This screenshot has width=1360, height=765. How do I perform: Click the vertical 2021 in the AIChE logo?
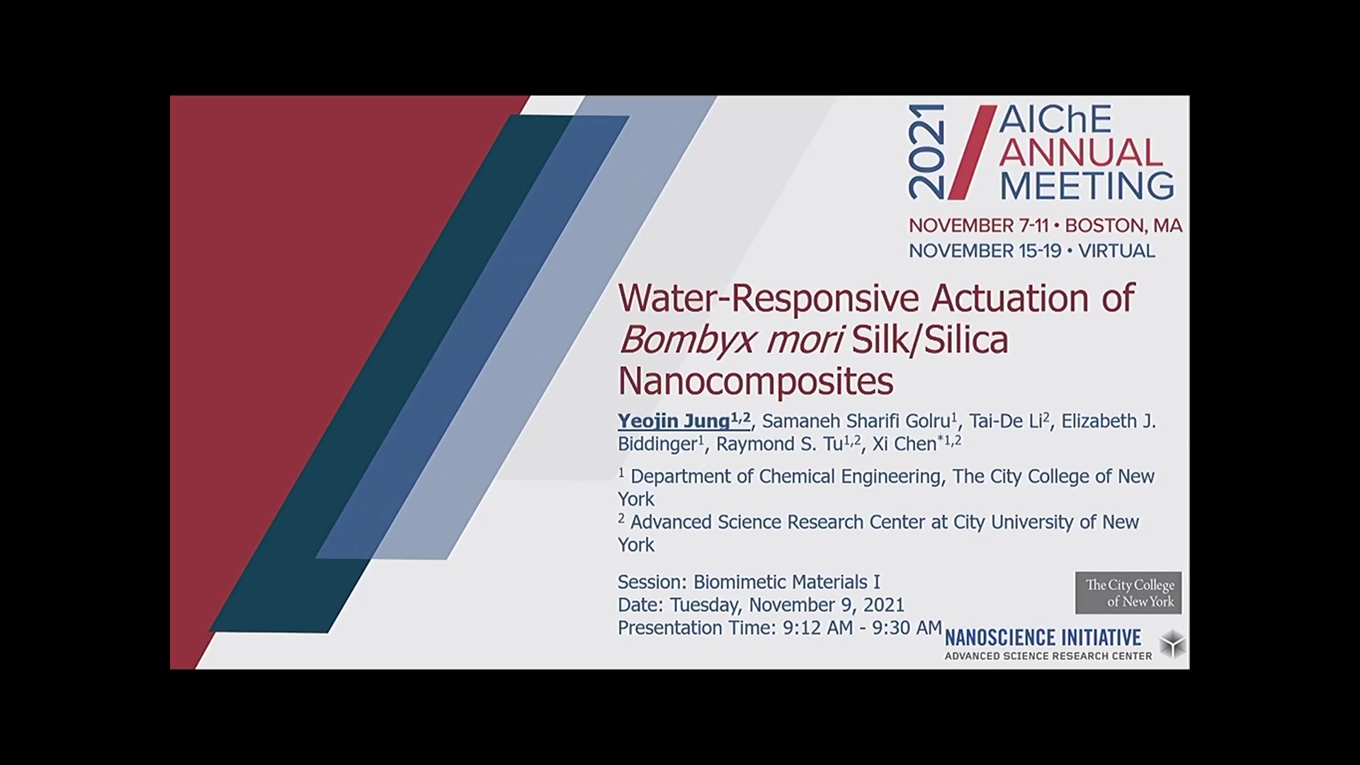click(x=926, y=152)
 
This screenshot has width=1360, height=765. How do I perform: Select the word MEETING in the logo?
click(x=1087, y=185)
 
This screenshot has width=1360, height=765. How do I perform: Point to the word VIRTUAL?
click(x=1116, y=251)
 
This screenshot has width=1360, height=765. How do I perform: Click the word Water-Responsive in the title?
click(x=769, y=298)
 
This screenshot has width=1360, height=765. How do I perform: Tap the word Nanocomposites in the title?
click(x=756, y=380)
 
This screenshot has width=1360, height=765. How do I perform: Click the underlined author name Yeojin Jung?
click(x=674, y=421)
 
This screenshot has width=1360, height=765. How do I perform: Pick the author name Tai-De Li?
click(x=1005, y=421)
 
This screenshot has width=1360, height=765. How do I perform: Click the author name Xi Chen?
click(x=905, y=444)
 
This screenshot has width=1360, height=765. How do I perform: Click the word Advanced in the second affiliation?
click(x=671, y=522)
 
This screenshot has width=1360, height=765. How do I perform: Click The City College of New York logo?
click(x=1128, y=593)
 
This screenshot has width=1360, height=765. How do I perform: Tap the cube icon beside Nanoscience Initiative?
click(x=1172, y=644)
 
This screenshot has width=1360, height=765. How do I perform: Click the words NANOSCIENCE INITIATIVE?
click(x=1043, y=637)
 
